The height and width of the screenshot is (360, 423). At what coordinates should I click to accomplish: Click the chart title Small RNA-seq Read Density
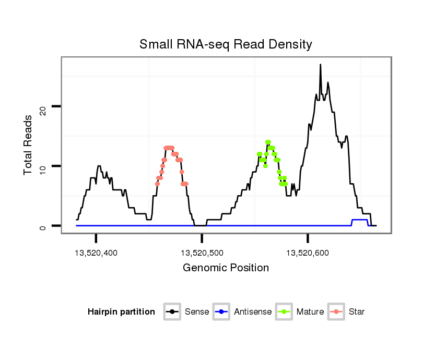point(226,44)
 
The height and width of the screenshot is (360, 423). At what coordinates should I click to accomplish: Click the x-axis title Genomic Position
point(226,268)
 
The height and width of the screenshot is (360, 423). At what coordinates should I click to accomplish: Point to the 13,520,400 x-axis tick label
point(96,253)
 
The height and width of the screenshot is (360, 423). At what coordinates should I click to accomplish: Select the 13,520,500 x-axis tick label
point(202,253)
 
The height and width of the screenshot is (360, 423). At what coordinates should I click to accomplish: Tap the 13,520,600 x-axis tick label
point(308,253)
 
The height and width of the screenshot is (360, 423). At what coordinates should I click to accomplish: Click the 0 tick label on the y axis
point(43,226)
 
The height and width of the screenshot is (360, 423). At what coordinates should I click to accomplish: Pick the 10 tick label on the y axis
point(43,166)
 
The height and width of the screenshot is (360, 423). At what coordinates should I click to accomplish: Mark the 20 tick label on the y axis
point(43,107)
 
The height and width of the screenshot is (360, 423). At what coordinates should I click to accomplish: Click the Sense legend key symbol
point(172,312)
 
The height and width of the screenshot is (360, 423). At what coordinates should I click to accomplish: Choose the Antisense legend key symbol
point(221,312)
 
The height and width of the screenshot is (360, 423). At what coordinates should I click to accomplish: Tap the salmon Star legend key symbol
point(336,312)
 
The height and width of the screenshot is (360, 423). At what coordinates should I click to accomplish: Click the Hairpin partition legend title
point(121,312)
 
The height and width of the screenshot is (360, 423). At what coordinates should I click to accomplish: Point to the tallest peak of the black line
point(320,65)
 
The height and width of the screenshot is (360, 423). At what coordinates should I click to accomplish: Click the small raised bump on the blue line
point(360,220)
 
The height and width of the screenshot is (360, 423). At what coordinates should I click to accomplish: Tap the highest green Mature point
point(268,142)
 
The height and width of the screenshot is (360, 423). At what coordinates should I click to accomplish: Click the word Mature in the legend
point(310,312)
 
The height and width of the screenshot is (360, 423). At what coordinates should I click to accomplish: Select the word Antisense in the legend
point(253,312)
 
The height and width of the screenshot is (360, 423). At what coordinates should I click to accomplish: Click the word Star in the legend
point(357,312)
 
